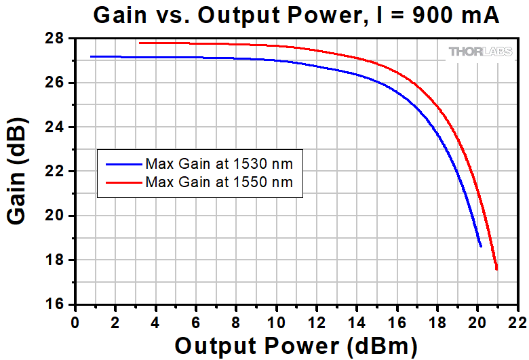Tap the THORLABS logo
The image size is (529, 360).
point(479,52)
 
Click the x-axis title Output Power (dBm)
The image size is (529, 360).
point(296,346)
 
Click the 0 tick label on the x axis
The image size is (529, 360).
point(75,319)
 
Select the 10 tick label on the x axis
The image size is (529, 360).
point(276,319)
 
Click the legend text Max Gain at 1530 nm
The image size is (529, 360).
point(218,163)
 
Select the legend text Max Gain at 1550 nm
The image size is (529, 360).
point(218,182)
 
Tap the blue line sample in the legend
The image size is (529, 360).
point(122,163)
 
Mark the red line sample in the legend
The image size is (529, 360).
point(122,182)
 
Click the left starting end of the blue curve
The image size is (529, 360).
point(91,56)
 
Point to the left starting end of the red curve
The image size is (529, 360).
point(140,43)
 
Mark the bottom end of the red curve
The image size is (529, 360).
point(497,269)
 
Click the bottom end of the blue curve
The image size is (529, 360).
point(481,246)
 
